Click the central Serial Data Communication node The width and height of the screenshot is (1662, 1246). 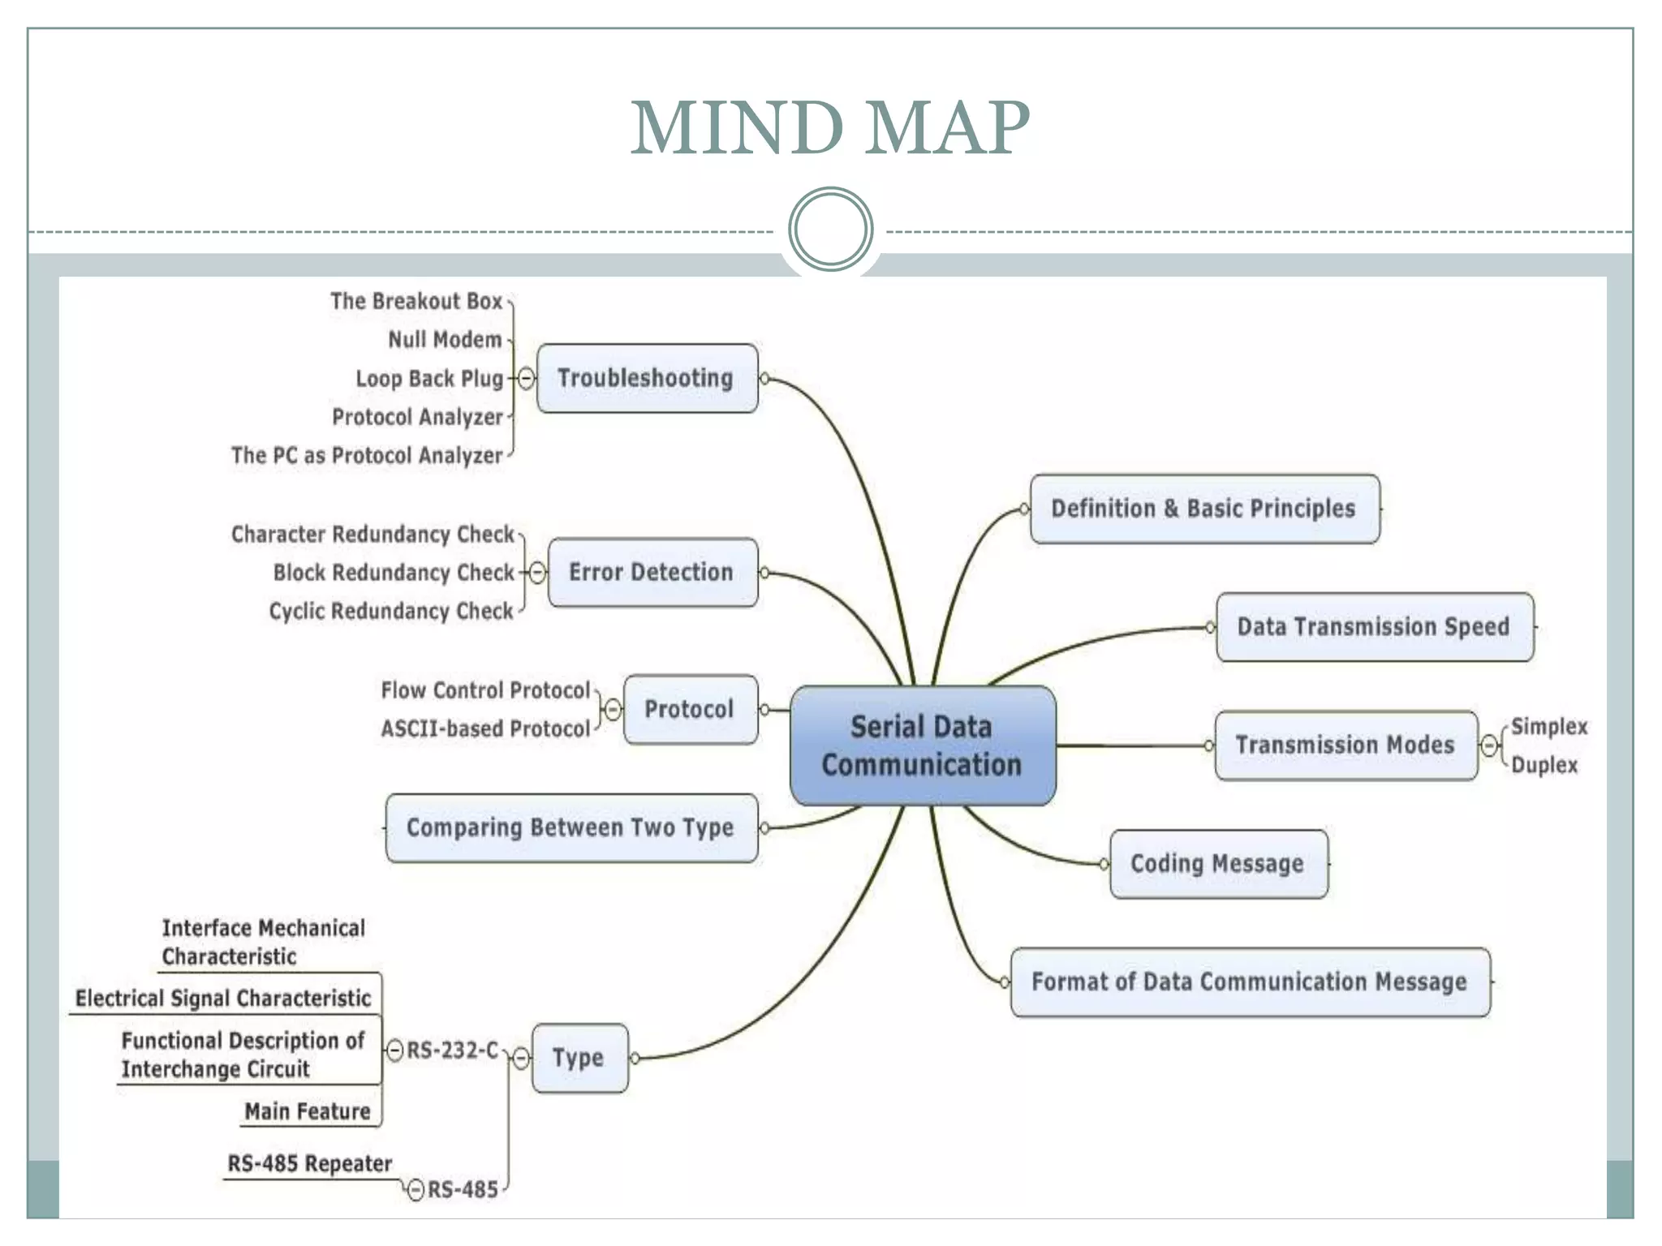(923, 745)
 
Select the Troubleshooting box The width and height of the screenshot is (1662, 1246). (647, 378)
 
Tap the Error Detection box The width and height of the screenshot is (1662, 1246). (652, 572)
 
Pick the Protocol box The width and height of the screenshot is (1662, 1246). (690, 709)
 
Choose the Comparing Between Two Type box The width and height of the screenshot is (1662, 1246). (571, 827)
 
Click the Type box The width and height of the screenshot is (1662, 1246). (579, 1058)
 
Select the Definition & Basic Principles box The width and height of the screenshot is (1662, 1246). (1204, 509)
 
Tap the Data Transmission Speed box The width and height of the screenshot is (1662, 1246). (1374, 627)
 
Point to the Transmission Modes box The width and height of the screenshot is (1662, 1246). (1346, 745)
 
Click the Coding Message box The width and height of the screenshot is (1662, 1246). (1218, 864)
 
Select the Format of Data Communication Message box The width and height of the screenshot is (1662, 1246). (1250, 982)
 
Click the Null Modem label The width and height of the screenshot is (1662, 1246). (445, 340)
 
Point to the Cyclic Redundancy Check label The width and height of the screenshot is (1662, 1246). (391, 611)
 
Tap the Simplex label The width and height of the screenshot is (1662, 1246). (1548, 726)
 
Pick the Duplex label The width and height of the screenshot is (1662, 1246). (1544, 765)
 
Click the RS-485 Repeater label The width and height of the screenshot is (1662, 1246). (309, 1163)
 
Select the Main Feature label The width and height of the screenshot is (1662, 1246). (308, 1111)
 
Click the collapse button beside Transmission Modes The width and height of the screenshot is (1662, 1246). (1489, 745)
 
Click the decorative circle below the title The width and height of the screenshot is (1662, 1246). (830, 229)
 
